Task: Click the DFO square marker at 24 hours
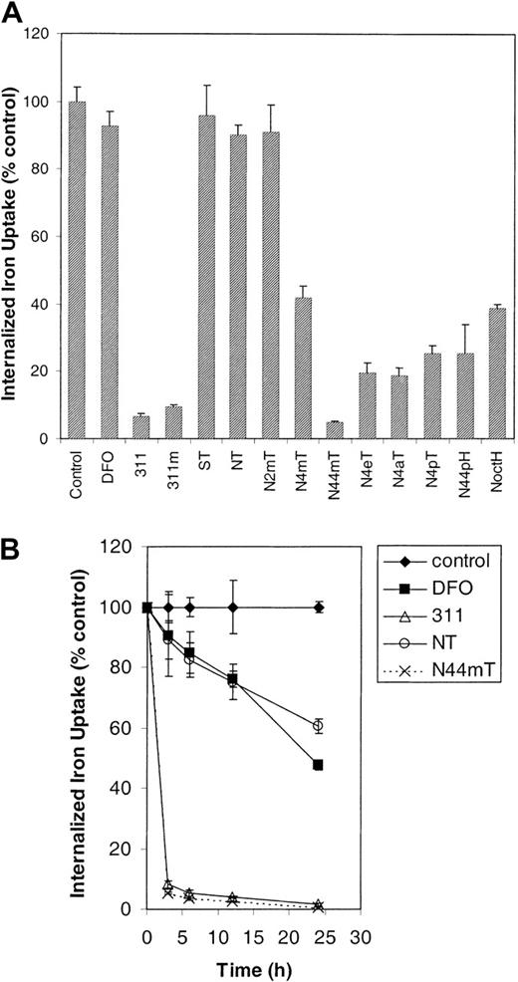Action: (318, 765)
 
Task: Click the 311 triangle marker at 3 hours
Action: (167, 884)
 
